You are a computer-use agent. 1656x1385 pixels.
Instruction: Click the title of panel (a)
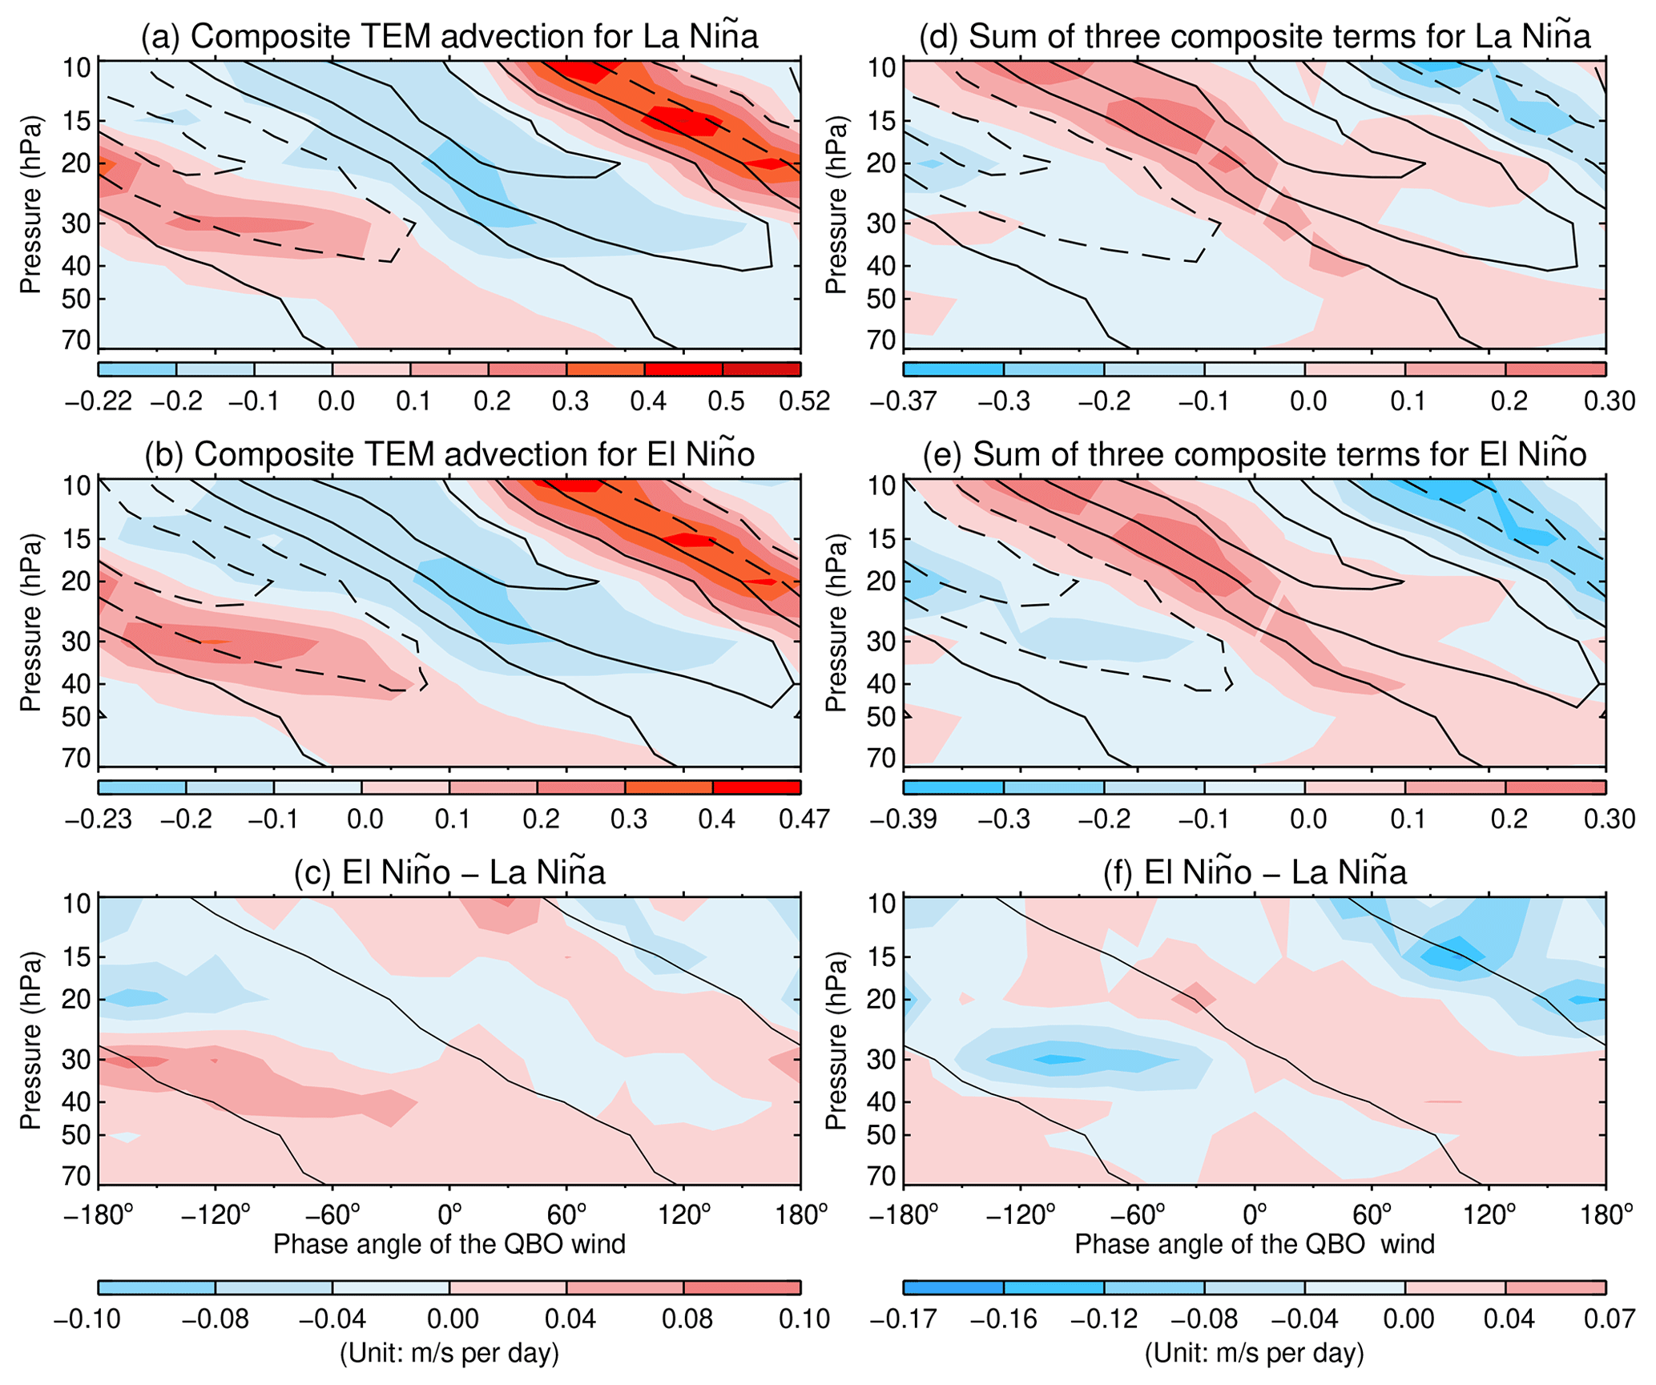(449, 37)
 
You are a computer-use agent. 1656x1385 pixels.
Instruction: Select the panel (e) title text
(1255, 454)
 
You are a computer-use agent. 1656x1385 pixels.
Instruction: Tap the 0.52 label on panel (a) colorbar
(804, 401)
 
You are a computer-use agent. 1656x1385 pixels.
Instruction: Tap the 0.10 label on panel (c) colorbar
(804, 1318)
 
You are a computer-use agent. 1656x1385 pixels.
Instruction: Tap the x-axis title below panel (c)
(449, 1244)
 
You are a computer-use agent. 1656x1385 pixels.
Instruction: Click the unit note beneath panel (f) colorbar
(1255, 1353)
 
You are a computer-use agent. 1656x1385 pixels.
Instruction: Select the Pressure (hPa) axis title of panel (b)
(31, 622)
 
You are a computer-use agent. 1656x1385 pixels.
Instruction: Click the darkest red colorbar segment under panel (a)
(762, 369)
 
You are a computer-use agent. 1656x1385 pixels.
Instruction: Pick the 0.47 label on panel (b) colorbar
(804, 819)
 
